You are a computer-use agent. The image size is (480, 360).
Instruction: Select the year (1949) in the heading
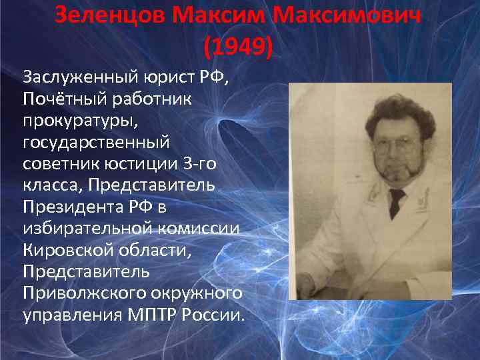[238, 46]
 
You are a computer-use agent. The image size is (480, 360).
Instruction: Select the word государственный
[96, 141]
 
